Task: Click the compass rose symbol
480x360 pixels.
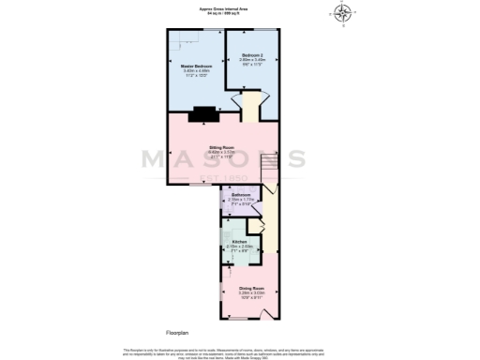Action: click(x=343, y=13)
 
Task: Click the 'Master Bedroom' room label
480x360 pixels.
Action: click(x=197, y=66)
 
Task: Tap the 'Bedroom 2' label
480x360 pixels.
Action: click(x=252, y=55)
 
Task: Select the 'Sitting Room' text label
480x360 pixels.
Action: click(x=221, y=148)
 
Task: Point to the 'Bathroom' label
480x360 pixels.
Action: click(x=241, y=195)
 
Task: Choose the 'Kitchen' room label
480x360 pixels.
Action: click(x=239, y=241)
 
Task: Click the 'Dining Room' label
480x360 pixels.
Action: click(x=251, y=288)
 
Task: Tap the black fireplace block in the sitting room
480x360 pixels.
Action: click(x=203, y=115)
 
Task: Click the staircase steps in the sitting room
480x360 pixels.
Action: click(x=268, y=159)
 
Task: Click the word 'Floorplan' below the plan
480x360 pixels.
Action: click(x=178, y=332)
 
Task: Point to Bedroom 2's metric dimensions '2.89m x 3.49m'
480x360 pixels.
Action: click(x=252, y=60)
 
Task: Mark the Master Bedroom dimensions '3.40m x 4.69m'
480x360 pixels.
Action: click(x=197, y=70)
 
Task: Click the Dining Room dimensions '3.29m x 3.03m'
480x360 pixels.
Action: click(x=251, y=292)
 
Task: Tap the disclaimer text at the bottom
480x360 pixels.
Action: click(x=240, y=352)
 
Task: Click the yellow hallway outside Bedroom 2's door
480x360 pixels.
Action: click(x=252, y=103)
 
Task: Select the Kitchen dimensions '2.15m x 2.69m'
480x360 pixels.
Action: click(x=239, y=246)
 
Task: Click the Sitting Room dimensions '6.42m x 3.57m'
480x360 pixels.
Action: click(x=221, y=153)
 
